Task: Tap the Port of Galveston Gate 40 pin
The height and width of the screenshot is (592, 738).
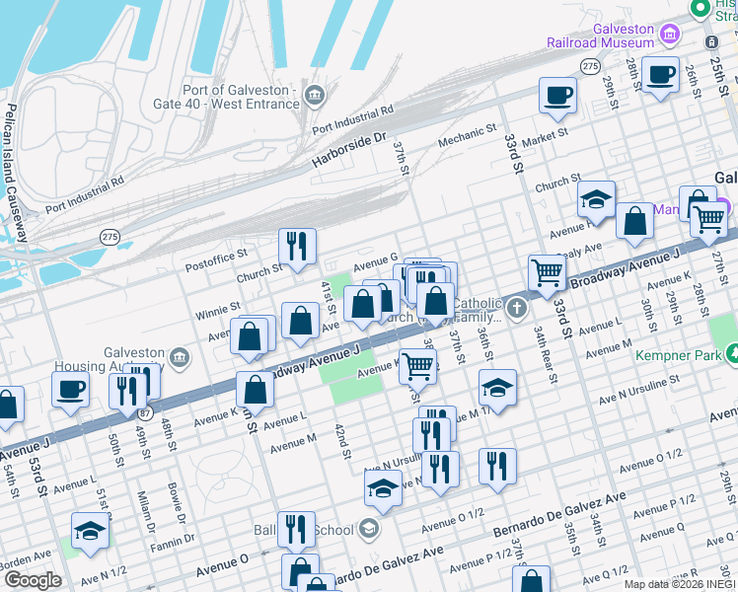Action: click(x=315, y=95)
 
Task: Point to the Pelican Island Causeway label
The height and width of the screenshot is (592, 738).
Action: click(x=13, y=168)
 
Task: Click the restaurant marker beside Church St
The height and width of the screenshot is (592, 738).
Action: click(x=296, y=247)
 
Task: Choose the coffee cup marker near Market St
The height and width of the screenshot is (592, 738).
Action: click(x=557, y=96)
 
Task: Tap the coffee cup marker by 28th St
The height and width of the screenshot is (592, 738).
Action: click(x=660, y=73)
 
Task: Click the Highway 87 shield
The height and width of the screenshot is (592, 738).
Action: click(x=146, y=412)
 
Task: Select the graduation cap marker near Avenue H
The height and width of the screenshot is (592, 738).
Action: click(x=596, y=200)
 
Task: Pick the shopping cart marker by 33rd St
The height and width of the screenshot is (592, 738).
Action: click(x=547, y=271)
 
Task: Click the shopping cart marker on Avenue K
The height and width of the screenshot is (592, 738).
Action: click(x=417, y=366)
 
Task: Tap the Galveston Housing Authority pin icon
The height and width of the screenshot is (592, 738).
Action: click(x=179, y=356)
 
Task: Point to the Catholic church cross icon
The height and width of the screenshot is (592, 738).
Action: click(x=516, y=310)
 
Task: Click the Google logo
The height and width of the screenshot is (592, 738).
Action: click(x=32, y=579)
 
